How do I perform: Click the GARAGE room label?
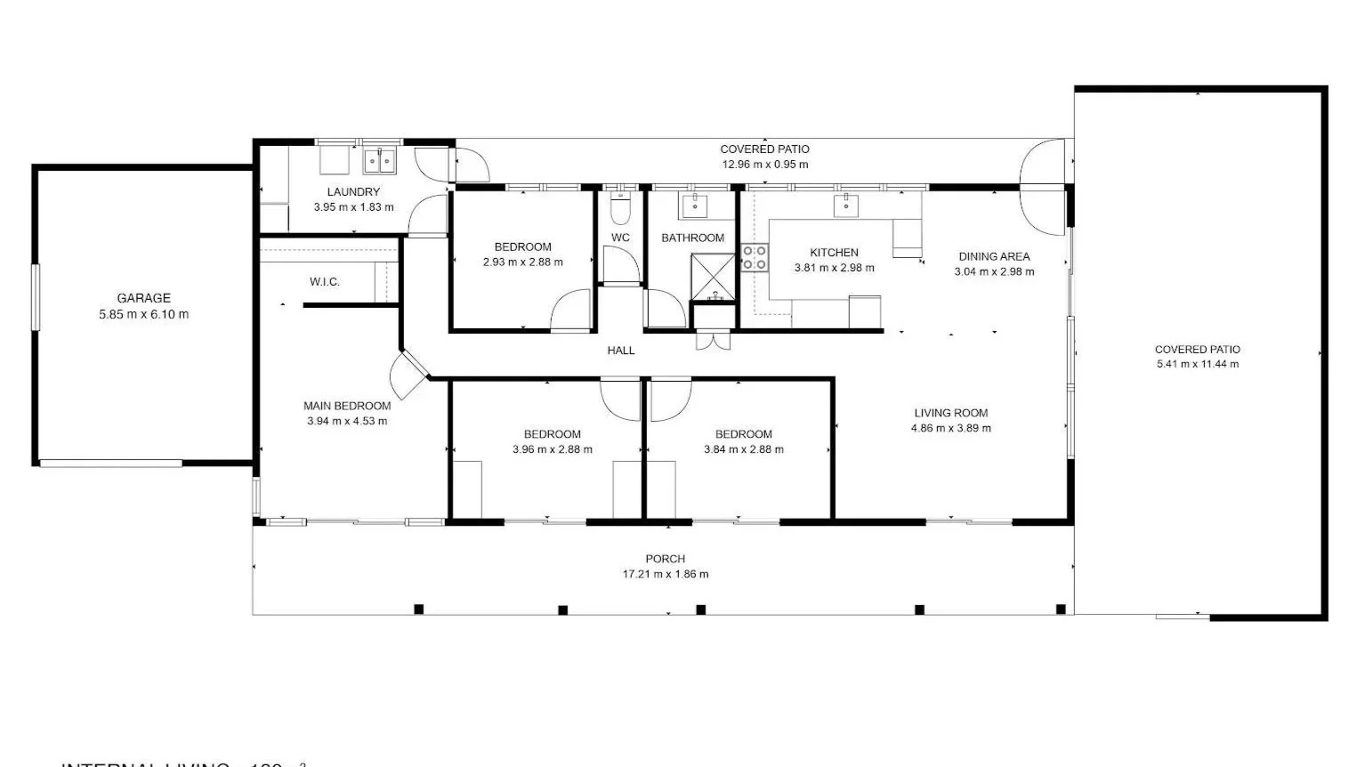tap(143, 298)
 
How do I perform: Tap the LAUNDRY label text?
tap(353, 191)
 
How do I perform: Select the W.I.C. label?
tap(325, 282)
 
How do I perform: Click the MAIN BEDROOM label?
tap(347, 406)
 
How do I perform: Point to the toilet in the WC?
tap(620, 210)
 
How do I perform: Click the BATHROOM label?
tap(692, 238)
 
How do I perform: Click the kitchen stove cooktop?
tap(755, 258)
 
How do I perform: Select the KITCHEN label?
tap(834, 253)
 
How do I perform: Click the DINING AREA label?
tap(994, 256)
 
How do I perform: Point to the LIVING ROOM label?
tap(950, 413)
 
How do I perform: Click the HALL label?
tap(621, 351)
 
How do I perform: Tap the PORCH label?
tap(665, 559)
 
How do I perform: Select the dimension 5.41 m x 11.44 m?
tap(1197, 364)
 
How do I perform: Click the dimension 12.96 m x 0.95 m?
tap(764, 165)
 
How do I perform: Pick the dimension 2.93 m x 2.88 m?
tap(522, 262)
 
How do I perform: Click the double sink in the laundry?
tap(379, 162)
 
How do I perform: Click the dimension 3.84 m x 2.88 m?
tap(744, 449)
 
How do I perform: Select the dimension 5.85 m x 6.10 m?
tap(143, 314)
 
